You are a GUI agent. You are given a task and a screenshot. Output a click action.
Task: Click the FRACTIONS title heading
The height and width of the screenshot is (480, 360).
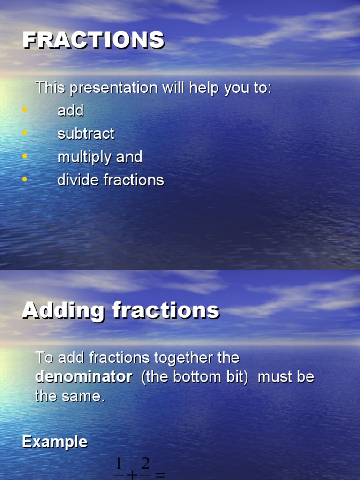tap(94, 40)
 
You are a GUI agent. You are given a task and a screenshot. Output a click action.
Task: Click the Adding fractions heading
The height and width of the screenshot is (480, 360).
tap(120, 310)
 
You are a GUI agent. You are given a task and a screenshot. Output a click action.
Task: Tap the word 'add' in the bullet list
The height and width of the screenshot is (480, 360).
tap(70, 111)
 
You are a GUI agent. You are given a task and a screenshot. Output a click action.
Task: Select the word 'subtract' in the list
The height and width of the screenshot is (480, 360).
tap(86, 134)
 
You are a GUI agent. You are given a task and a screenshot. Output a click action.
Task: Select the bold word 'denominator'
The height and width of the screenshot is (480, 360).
tap(83, 377)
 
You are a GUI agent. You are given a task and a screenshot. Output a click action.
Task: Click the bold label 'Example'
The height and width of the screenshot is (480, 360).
tap(55, 442)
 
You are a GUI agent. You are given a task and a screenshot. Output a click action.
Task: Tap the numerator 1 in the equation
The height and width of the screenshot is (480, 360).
tap(119, 465)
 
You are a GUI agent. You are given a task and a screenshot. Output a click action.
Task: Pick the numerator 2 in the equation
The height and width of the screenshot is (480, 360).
tap(145, 465)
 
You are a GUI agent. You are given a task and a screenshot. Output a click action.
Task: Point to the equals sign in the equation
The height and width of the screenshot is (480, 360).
tap(160, 475)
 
